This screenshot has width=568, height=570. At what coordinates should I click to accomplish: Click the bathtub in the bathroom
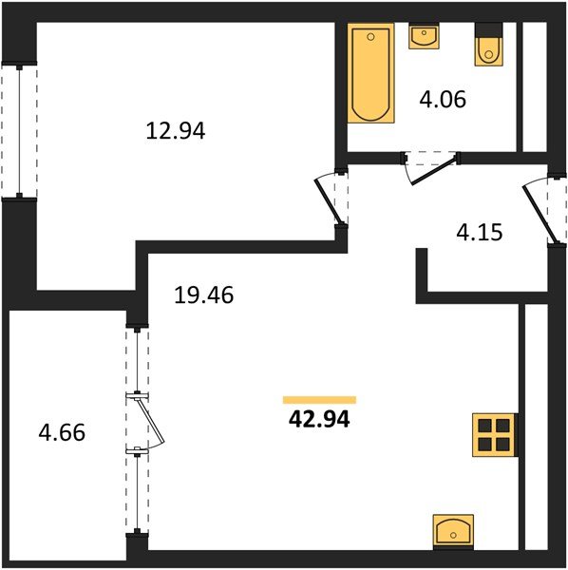pos(370,76)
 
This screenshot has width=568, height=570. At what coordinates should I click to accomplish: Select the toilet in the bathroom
pos(489,47)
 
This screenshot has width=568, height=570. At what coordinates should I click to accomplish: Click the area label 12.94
pos(176,131)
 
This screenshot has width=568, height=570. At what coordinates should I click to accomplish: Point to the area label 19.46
pos(203,295)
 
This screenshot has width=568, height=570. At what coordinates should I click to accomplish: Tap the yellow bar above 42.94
pos(319,400)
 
